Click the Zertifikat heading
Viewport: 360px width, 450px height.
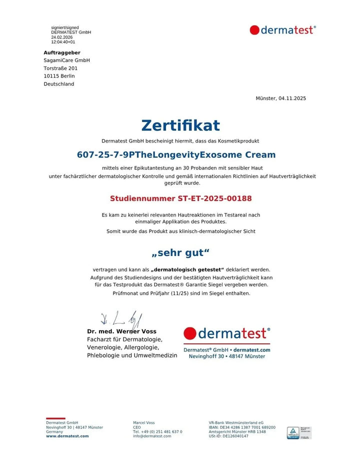pyautogui.click(x=180, y=125)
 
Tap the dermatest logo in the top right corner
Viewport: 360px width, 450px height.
pyautogui.click(x=282, y=30)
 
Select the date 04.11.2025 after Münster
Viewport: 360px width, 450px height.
pyautogui.click(x=292, y=98)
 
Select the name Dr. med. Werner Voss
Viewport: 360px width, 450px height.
pyautogui.click(x=121, y=331)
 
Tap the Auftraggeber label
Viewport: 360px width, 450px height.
pyautogui.click(x=62, y=52)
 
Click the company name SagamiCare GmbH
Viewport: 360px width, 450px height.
pyautogui.click(x=66, y=60)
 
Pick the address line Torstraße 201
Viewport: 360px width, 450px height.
pyautogui.click(x=60, y=68)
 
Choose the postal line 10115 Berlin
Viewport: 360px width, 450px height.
pyautogui.click(x=59, y=76)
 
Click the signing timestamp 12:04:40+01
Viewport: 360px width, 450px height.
pyautogui.click(x=63, y=42)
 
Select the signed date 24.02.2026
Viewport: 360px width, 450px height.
pyautogui.click(x=61, y=37)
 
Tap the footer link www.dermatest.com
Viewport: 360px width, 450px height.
pyautogui.click(x=67, y=436)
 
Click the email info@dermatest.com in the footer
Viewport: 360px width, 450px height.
pyautogui.click(x=152, y=436)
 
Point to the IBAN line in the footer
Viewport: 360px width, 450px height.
pyautogui.click(x=242, y=427)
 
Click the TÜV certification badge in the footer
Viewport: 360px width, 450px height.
pyautogui.click(x=299, y=432)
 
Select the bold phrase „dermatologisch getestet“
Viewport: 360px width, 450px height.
pyautogui.click(x=187, y=269)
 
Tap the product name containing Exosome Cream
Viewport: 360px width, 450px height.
pyautogui.click(x=176, y=155)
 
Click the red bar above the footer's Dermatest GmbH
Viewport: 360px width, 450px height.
pyautogui.click(x=55, y=418)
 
